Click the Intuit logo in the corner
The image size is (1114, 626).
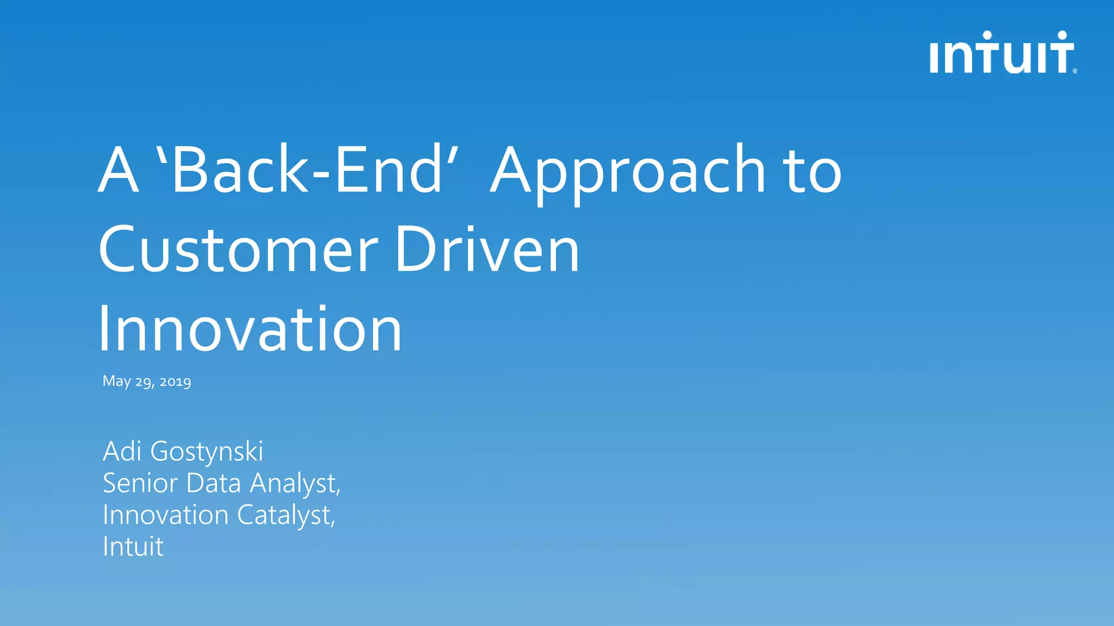[1002, 53]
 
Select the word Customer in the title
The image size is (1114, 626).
[238, 251]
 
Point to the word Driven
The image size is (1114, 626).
[487, 251]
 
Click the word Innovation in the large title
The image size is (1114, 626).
[250, 329]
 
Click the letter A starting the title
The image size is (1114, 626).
[117, 171]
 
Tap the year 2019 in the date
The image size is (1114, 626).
[175, 381]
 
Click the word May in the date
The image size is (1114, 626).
[116, 381]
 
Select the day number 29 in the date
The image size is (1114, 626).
[144, 381]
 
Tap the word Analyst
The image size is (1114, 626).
[294, 484]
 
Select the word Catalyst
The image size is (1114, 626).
[286, 515]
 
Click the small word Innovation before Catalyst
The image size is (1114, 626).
[165, 515]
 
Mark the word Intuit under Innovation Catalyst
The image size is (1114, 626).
[133, 547]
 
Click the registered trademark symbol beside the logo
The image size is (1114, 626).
[1075, 71]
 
